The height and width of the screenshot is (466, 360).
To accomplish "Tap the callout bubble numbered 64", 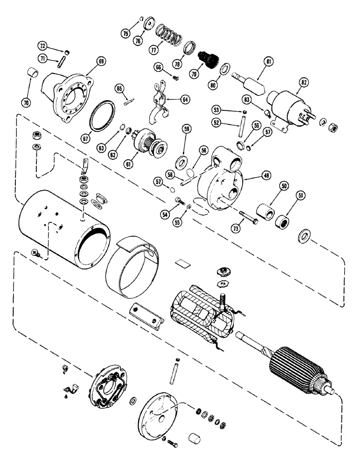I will [186, 99].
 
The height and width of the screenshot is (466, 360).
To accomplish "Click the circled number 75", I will [125, 34].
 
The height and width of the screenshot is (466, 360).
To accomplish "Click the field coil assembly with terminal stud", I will [201, 311].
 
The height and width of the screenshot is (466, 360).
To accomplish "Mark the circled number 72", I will [42, 46].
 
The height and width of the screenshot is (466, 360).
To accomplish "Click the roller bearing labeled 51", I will [282, 219].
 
